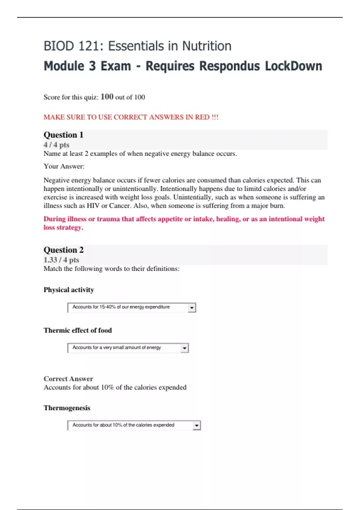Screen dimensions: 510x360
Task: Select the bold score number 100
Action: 107,97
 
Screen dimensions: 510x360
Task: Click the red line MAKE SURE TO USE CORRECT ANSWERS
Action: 131,117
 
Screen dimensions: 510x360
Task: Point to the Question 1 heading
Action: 63,135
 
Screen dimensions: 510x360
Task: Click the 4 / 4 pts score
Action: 56,145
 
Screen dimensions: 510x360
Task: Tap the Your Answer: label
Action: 64,166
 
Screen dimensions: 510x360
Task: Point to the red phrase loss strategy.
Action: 63,227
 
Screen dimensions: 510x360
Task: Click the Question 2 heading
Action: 64,250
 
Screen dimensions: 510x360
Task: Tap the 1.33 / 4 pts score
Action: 61,260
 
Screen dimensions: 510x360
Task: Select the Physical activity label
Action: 69,290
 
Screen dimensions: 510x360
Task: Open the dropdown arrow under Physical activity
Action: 192,308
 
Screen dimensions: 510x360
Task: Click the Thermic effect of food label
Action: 78,330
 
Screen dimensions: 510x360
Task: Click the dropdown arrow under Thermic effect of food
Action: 184,348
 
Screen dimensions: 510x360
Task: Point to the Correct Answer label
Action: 68,379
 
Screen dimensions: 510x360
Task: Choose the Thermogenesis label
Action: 67,408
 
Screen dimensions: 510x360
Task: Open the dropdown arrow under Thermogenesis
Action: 196,425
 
